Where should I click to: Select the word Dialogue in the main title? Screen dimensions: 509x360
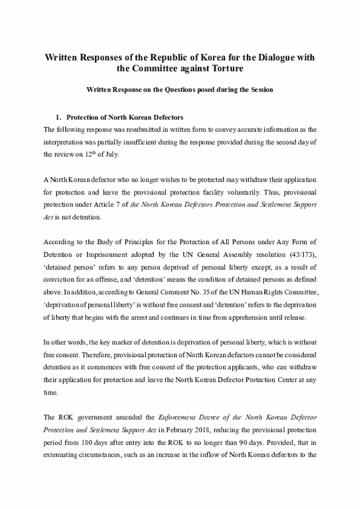[x=265, y=57]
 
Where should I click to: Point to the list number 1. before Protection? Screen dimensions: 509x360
[x=58, y=118]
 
